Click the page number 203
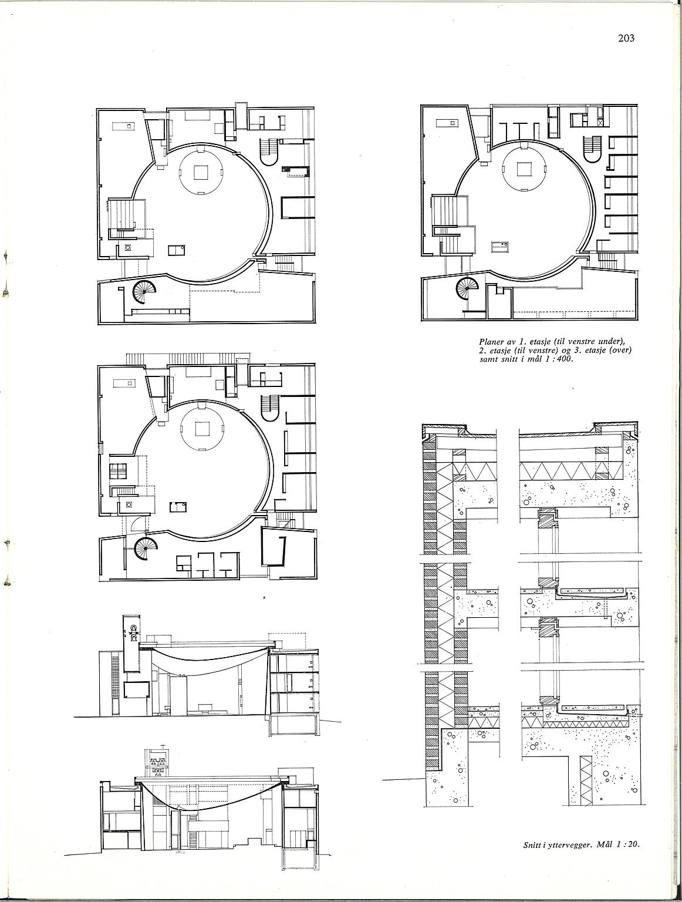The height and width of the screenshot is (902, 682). click(x=626, y=38)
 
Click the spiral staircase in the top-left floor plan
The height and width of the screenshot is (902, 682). click(x=144, y=291)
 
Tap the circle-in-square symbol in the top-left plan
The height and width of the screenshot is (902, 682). click(x=129, y=248)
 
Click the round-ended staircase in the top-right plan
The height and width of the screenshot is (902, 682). click(x=592, y=149)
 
